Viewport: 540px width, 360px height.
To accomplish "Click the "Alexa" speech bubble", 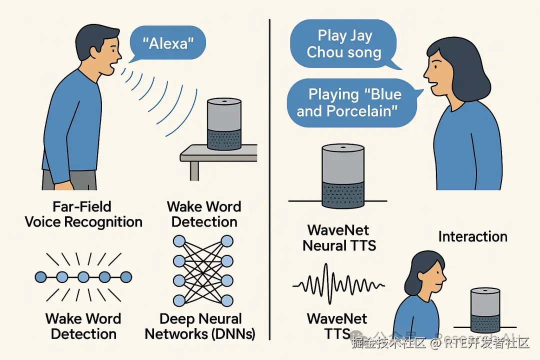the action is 168,43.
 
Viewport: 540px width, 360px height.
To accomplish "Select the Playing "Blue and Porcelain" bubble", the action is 350,102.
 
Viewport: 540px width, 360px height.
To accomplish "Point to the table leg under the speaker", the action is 194,170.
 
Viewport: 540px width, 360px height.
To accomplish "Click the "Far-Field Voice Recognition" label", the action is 83,214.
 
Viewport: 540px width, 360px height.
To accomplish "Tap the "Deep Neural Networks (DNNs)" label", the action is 200,326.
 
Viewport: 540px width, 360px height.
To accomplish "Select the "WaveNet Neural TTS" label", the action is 339,237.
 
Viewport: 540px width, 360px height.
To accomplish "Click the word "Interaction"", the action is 472,236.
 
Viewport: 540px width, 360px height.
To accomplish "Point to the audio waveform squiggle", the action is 338,285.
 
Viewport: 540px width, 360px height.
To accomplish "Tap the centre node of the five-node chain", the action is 83,276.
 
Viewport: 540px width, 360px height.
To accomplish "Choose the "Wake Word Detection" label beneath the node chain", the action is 83,326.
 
